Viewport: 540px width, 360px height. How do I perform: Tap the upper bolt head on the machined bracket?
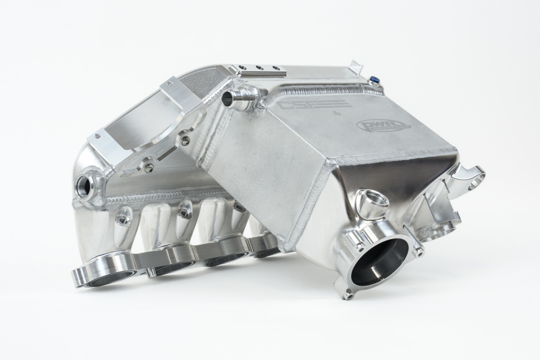184,140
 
